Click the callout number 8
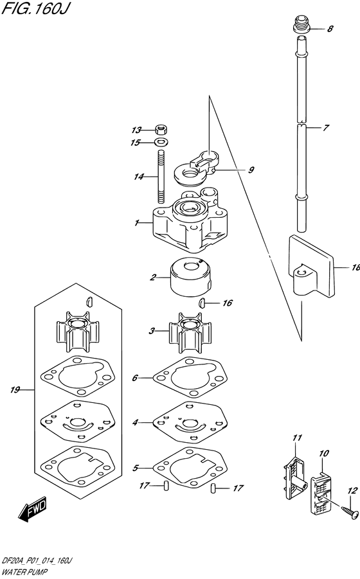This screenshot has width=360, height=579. click(331, 29)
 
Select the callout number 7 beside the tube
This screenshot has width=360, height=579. click(326, 128)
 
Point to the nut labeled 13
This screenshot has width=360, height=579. click(162, 129)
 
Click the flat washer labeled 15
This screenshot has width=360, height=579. click(161, 142)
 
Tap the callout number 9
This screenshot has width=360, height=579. click(251, 170)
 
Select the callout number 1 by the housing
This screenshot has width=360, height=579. click(137, 223)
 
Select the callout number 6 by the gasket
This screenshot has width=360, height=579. click(135, 378)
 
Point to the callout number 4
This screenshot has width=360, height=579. click(136, 423)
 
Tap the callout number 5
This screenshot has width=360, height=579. click(136, 468)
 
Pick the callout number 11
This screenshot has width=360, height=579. click(296, 438)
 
